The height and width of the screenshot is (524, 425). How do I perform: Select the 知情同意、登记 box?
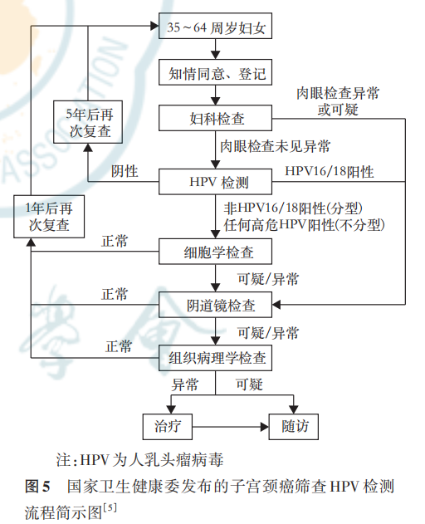pos(216,75)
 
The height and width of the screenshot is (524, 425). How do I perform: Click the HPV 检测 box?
pos(216,181)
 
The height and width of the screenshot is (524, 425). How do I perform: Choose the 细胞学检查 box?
pos(216,251)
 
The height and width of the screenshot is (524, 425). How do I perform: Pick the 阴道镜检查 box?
pos(216,306)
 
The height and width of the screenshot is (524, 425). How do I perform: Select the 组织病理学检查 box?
pos(216,360)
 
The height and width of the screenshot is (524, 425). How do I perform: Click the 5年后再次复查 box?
pos(82,122)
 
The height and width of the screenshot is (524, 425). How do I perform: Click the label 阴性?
pos(125,171)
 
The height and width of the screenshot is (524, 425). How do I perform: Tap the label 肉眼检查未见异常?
pos(275,148)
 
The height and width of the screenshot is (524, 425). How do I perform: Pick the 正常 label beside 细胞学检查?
pos(115,241)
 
